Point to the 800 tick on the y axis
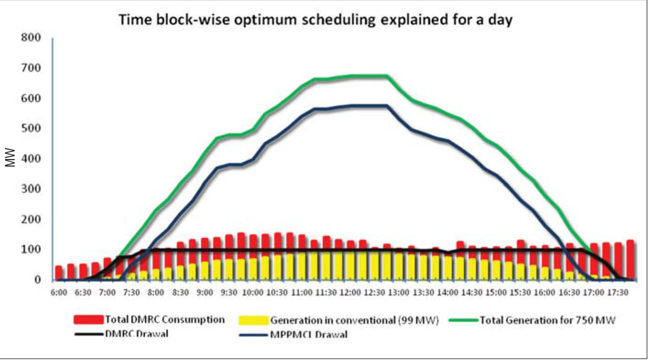point(30,38)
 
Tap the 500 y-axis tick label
point(30,128)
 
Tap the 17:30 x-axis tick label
point(617,292)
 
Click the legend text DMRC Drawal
point(136,334)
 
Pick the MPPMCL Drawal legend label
point(308,334)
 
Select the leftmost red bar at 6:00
point(59,272)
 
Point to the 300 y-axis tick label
point(30,189)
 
